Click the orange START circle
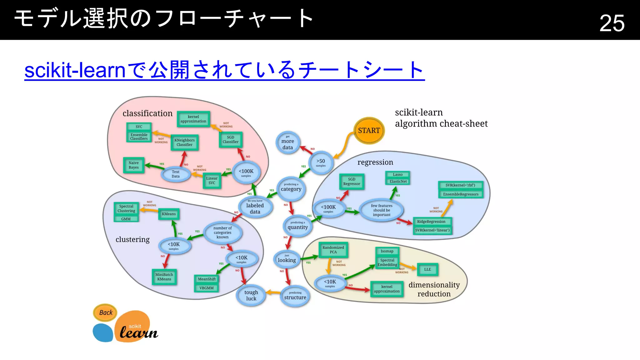[369, 131]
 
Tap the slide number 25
[612, 23]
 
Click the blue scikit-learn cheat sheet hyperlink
[224, 70]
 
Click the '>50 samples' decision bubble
[321, 162]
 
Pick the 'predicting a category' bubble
[291, 188]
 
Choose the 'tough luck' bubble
[251, 295]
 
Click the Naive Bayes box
[134, 165]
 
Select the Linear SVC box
[212, 181]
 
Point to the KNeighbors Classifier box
[184, 142]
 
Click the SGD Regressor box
[352, 182]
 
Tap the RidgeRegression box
[431, 222]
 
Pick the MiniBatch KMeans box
[164, 277]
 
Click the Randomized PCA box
[333, 250]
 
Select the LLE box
[427, 269]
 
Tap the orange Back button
[106, 312]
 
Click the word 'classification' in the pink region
[147, 113]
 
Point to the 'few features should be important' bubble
[382, 210]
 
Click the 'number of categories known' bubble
[222, 232]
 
